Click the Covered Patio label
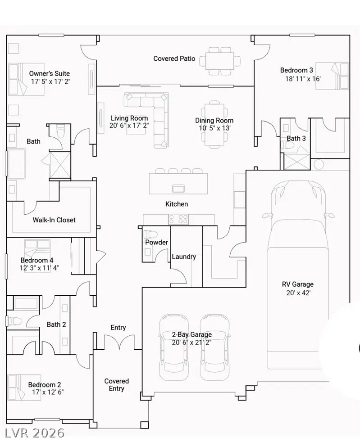(174, 59)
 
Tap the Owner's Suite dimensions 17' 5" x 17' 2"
(50, 81)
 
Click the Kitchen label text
(177, 204)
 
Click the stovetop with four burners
(178, 219)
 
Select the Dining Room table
(214, 124)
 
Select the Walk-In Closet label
(54, 220)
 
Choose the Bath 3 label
(296, 138)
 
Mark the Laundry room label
(184, 257)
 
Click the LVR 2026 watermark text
(35, 433)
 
